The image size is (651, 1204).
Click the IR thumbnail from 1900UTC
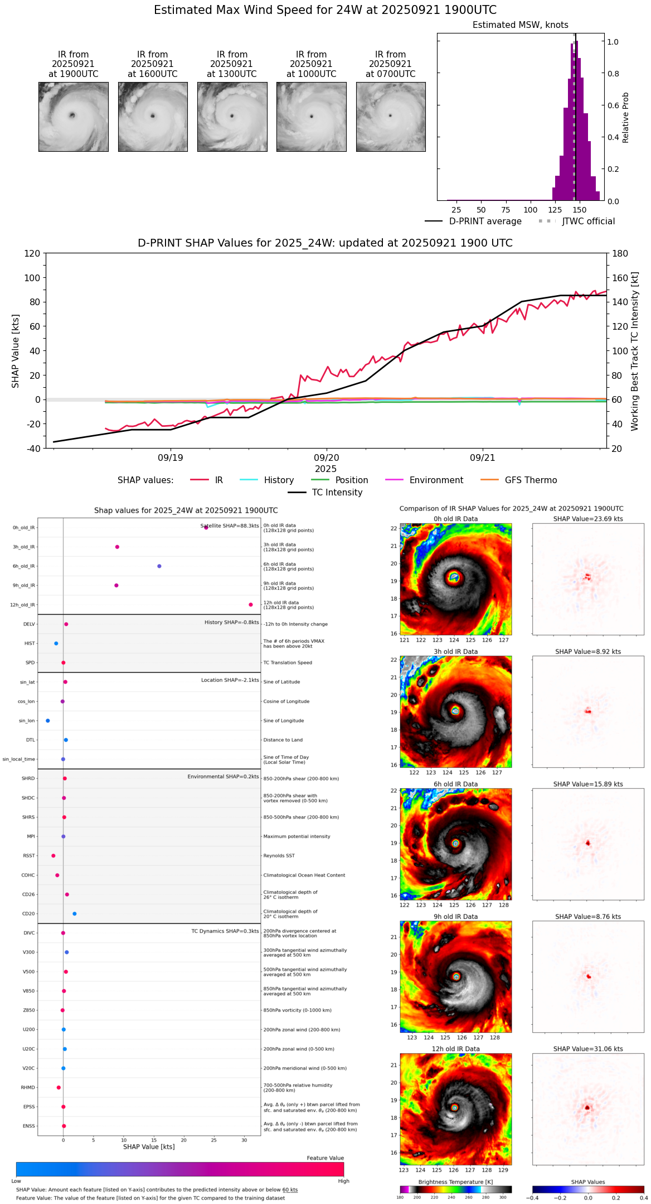[x=74, y=117]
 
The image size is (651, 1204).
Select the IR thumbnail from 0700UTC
[x=391, y=117]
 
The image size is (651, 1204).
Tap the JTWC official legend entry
[x=588, y=221]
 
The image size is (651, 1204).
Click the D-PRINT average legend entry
[x=485, y=221]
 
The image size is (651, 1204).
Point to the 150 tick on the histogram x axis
[x=580, y=210]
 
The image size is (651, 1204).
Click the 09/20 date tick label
[x=326, y=458]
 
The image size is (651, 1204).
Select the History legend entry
[x=279, y=480]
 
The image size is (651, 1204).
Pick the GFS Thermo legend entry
[x=531, y=480]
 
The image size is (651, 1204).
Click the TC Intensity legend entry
[x=337, y=493]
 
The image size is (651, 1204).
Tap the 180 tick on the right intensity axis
[x=620, y=253]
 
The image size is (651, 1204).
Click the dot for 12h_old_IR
[x=251, y=605]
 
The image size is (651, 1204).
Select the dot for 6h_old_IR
[x=159, y=566]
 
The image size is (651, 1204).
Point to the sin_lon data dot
[x=48, y=721]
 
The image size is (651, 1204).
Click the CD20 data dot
[x=75, y=914]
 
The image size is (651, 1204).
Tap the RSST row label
[x=28, y=856]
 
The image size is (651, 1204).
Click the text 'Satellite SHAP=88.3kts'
[x=230, y=526]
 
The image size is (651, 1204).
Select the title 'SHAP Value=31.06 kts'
[x=588, y=1049]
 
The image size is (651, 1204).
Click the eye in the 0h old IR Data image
[x=454, y=577]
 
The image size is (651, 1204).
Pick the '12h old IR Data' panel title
[x=455, y=1049]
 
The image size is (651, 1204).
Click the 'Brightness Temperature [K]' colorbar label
[x=455, y=1182]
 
